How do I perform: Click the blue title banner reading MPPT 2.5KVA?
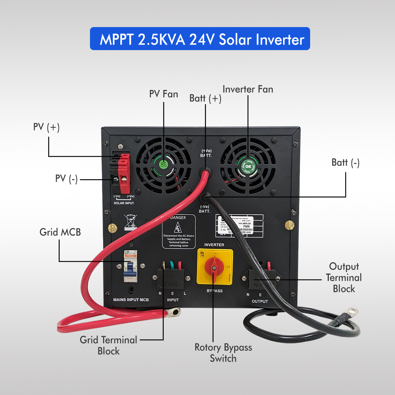pos(200,39)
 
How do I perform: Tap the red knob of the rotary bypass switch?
pos(215,269)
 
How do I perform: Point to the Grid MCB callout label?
pos(60,232)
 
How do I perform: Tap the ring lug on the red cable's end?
pos(173,312)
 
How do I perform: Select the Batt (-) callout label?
pos(345,163)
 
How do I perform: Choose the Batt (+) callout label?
pos(205,98)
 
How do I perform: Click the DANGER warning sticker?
pos(179,232)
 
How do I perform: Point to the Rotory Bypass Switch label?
pos(223,353)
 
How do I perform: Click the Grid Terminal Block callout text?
pos(108,345)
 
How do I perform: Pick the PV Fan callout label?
pos(163,94)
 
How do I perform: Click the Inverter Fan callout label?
pos(248,89)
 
